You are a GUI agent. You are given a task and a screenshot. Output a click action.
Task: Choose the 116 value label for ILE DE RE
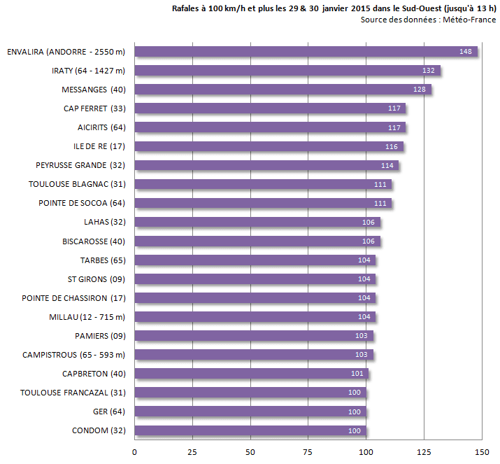click(x=392, y=146)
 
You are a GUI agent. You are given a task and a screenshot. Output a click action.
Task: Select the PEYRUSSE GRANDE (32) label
click(x=80, y=165)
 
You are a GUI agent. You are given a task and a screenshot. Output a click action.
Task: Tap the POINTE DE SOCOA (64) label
click(x=82, y=203)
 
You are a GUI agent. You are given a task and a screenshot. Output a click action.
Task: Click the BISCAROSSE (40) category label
click(x=94, y=241)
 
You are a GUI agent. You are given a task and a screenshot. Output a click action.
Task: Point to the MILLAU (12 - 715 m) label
click(x=87, y=316)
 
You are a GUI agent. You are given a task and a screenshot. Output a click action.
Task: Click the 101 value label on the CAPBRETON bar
click(x=357, y=373)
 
